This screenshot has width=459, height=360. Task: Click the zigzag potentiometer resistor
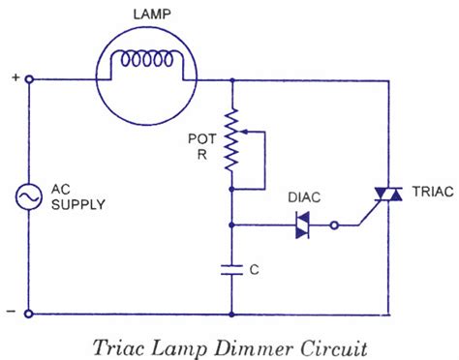[x=232, y=138]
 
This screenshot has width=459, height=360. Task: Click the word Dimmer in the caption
[x=246, y=345]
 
